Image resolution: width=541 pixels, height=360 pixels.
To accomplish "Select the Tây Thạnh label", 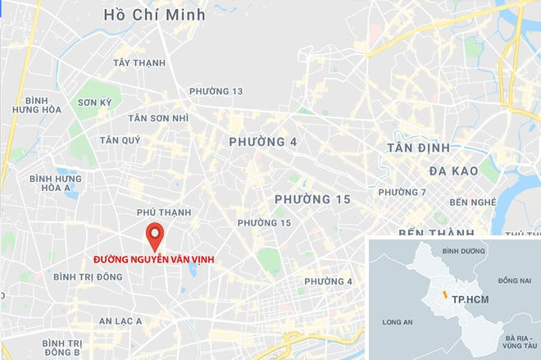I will pyautogui.click(x=139, y=63).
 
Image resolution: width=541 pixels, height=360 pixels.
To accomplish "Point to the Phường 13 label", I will pyautogui.click(x=216, y=91).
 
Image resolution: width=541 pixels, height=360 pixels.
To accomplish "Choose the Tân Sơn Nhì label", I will pyautogui.click(x=158, y=118).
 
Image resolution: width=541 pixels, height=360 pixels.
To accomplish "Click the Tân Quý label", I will pyautogui.click(x=120, y=140).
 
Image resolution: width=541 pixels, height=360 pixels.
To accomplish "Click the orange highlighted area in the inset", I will pyautogui.click(x=443, y=294).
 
